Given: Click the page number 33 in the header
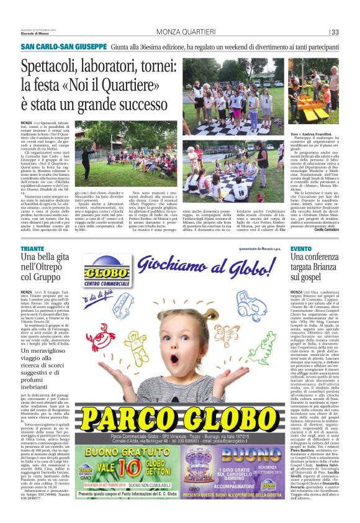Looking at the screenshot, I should (x=335, y=32).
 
